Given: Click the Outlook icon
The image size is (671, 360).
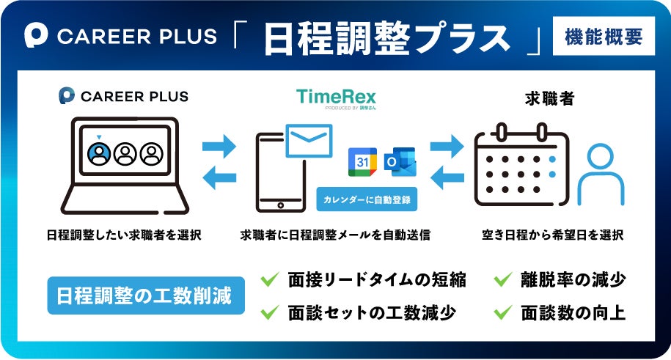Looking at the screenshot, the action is click(400, 161).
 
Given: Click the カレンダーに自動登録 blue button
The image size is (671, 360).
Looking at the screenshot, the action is click(367, 199).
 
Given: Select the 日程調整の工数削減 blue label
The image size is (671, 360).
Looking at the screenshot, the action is click(144, 296).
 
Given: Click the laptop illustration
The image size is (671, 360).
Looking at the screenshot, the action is click(125, 165).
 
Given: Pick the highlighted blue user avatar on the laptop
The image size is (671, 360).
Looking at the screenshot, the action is click(98, 153).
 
